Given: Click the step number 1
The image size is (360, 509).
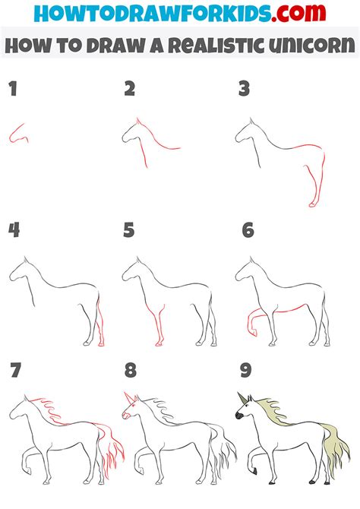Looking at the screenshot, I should point(12,90).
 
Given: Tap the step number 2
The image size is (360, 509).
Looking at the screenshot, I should point(129,90).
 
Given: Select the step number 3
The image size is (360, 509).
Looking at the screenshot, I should point(244,90).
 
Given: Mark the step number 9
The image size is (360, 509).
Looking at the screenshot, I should point(245,371).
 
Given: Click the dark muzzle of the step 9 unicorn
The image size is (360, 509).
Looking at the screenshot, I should point(238,417).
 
